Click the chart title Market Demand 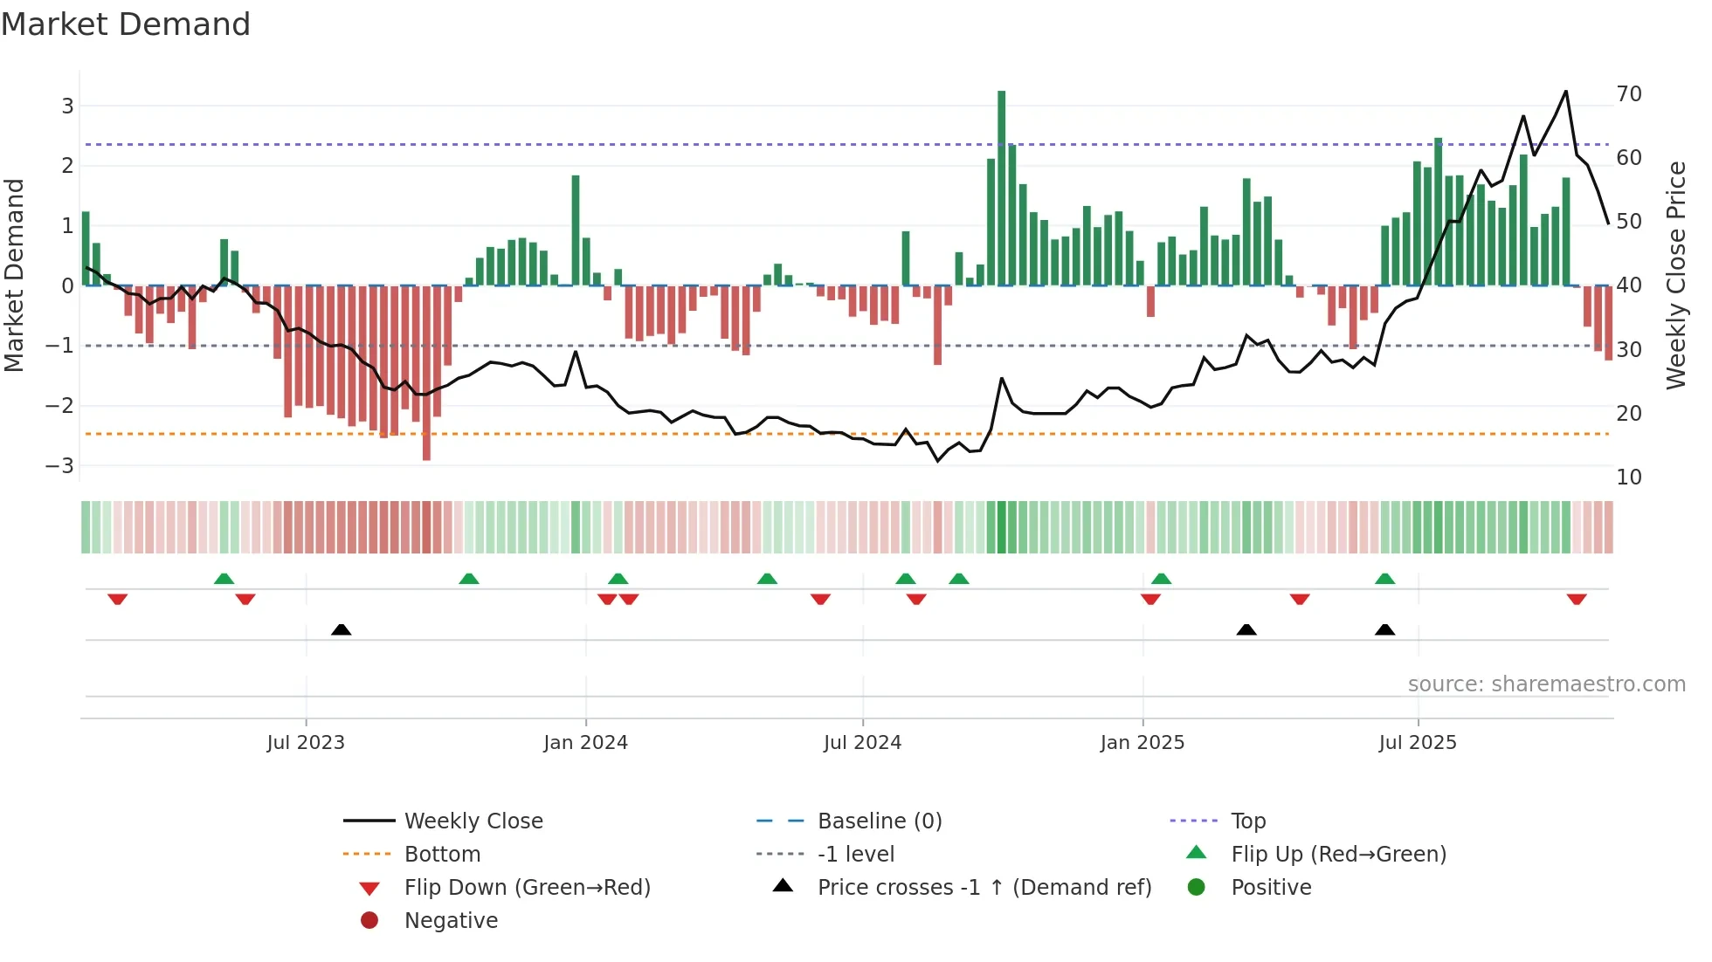click(126, 24)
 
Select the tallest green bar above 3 click(1001, 188)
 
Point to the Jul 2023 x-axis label click(306, 742)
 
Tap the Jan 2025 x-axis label click(1142, 742)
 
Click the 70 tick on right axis click(1629, 93)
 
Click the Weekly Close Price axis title click(1675, 275)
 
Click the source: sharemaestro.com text click(1546, 684)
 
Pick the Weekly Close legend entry click(473, 821)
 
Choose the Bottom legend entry click(442, 854)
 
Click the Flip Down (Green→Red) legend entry click(527, 887)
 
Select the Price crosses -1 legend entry click(984, 887)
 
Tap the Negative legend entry click(451, 920)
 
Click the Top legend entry click(1248, 821)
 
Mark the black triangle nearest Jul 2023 click(342, 629)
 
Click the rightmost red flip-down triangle click(1576, 599)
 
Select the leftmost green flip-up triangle click(224, 579)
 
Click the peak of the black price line click(1565, 92)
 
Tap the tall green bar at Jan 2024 click(576, 230)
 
